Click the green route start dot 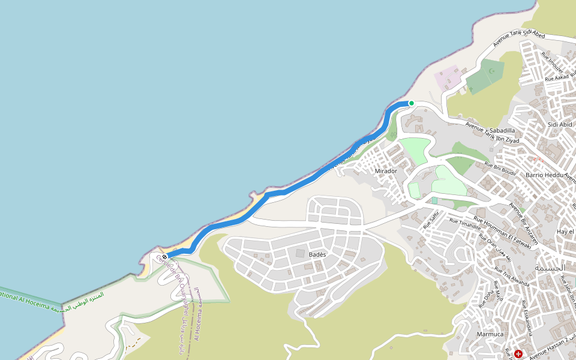click(x=412, y=103)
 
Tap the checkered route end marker click(x=164, y=257)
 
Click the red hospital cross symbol click(x=518, y=354)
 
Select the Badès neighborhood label click(x=317, y=255)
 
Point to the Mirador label click(x=386, y=171)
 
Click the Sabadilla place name click(x=502, y=130)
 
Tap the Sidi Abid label click(x=560, y=125)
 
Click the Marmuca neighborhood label click(x=490, y=334)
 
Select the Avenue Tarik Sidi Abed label click(x=518, y=39)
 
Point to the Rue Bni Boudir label click(x=500, y=169)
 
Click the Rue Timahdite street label click(x=466, y=224)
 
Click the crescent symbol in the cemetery click(x=493, y=71)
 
